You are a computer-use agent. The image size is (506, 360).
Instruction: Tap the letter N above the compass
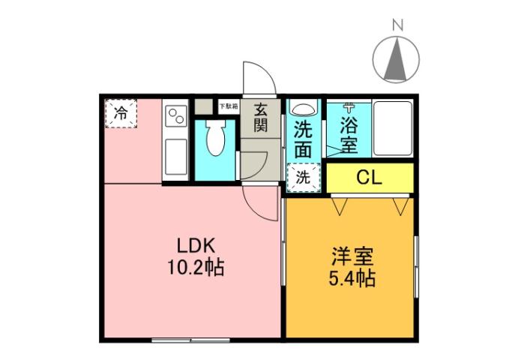pos(398,25)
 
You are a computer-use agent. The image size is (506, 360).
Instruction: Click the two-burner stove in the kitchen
pos(176,115)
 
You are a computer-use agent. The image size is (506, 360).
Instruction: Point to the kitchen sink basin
pos(176,157)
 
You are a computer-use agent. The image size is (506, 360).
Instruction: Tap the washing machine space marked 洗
pos(302,178)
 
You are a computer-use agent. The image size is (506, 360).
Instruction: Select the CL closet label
pos(370,178)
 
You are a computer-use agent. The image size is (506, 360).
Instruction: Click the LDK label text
pos(196,245)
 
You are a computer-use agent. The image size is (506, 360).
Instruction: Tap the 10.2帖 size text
pos(196,266)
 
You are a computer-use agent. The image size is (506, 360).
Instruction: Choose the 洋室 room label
pos(352,257)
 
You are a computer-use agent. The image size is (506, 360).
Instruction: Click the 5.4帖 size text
pos(352,280)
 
